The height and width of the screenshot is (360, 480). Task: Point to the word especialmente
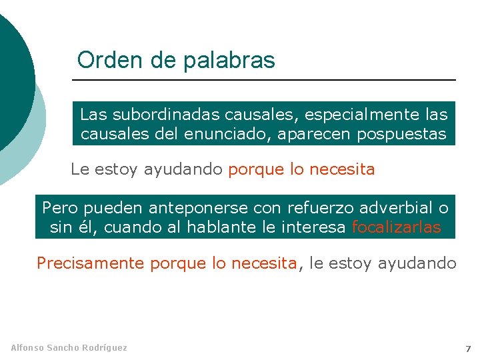[343, 114]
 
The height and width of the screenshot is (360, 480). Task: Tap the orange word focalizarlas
[396, 227]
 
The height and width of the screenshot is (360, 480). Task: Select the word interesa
[315, 227]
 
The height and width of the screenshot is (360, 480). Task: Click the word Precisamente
[91, 263]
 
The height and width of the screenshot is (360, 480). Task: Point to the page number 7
[468, 349]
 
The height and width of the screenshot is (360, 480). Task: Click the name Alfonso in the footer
[27, 347]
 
